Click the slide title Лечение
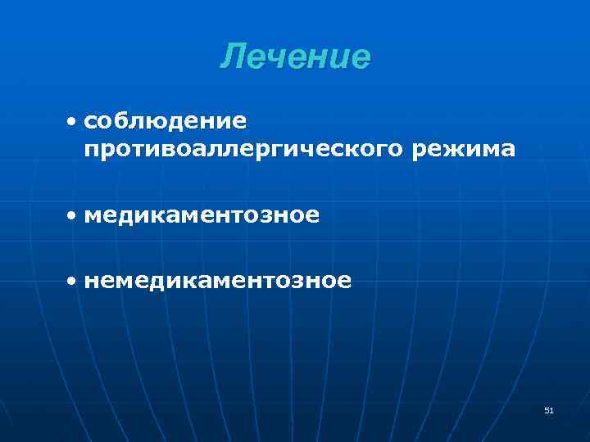tap(295, 57)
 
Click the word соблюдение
tap(165, 121)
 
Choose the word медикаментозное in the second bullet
tap(202, 216)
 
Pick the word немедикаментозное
tap(217, 281)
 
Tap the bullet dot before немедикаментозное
tap(73, 282)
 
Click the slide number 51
tap(548, 411)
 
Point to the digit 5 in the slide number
tap(546, 411)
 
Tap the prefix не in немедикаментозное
tap(99, 282)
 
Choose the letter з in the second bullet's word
tap(272, 217)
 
